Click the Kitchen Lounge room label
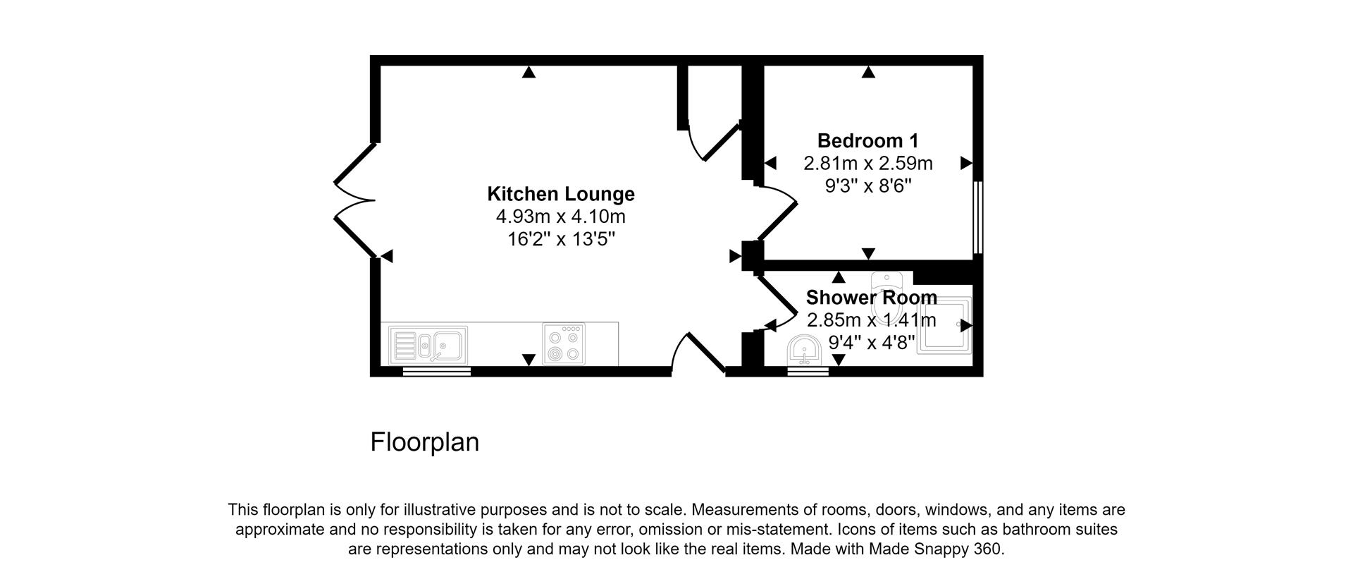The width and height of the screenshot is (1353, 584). [x=561, y=194]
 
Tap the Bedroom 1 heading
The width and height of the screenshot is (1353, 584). [x=867, y=140]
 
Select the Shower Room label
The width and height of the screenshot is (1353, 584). [x=871, y=297]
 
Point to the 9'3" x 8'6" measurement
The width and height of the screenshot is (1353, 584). [x=867, y=186]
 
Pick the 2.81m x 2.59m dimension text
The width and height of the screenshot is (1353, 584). [x=867, y=164]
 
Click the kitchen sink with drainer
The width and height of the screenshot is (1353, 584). [x=428, y=345]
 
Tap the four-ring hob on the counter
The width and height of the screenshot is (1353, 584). [x=563, y=344]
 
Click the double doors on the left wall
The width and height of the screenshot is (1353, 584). [x=354, y=200]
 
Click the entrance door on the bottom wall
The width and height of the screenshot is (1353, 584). [x=698, y=352]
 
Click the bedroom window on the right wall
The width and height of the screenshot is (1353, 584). [x=977, y=217]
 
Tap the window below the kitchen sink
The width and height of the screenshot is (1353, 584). [x=436, y=371]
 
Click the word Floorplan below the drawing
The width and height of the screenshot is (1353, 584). [x=424, y=442]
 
